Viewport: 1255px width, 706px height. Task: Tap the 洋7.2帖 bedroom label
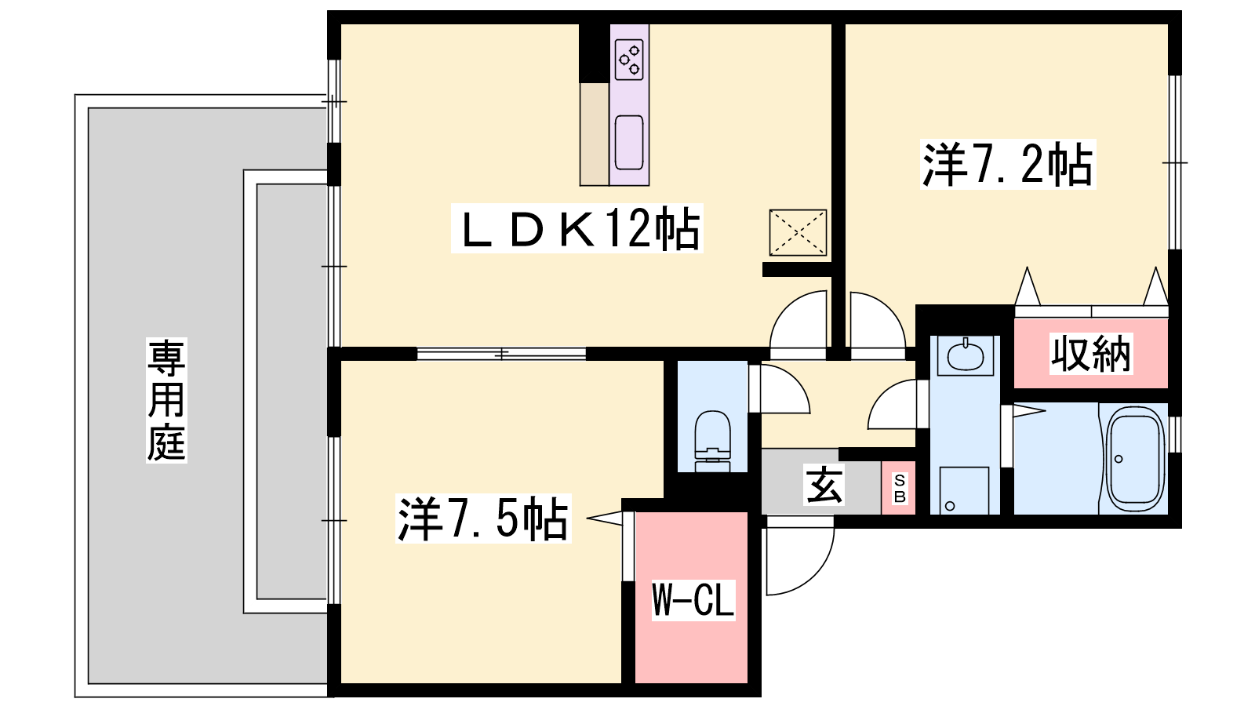pos(1007,164)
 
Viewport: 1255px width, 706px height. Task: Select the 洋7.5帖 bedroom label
pos(483,519)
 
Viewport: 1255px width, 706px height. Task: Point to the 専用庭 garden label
pos(166,399)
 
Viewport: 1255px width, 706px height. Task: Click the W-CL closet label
pos(693,599)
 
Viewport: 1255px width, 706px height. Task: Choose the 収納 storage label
pos(1091,354)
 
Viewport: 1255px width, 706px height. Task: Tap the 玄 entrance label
pos(824,485)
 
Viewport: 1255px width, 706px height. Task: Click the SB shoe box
pos(898,488)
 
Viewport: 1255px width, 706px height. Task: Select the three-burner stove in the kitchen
pos(629,60)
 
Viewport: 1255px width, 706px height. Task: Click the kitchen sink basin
pos(629,142)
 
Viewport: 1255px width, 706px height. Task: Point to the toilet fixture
pos(713,441)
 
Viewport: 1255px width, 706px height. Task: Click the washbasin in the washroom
pos(965,355)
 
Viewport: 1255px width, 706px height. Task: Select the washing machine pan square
pos(964,490)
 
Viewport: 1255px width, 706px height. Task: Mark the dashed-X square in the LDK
pos(798,232)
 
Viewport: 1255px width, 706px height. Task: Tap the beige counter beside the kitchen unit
pos(594,134)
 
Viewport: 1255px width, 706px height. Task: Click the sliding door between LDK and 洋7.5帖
pos(501,354)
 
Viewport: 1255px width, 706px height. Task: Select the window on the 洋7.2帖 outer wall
pos(1175,162)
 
